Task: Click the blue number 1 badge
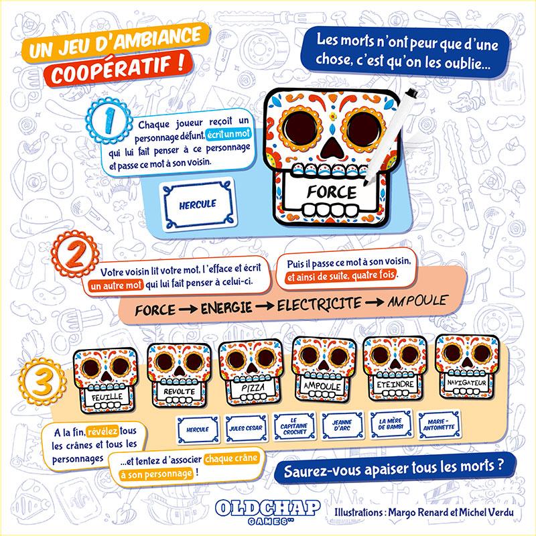tap(109, 121)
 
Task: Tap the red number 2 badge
tap(75, 255)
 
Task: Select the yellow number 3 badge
tap(42, 381)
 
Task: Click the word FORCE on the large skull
tap(331, 192)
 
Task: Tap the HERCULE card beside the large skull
tap(198, 204)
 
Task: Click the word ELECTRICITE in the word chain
tap(319, 304)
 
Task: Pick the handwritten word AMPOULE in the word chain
tap(417, 301)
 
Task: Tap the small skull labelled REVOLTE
tap(179, 375)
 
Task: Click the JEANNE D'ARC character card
tap(342, 425)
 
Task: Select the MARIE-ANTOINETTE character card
tap(439, 424)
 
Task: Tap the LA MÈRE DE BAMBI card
tap(391, 424)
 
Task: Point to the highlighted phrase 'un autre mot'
tap(115, 285)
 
